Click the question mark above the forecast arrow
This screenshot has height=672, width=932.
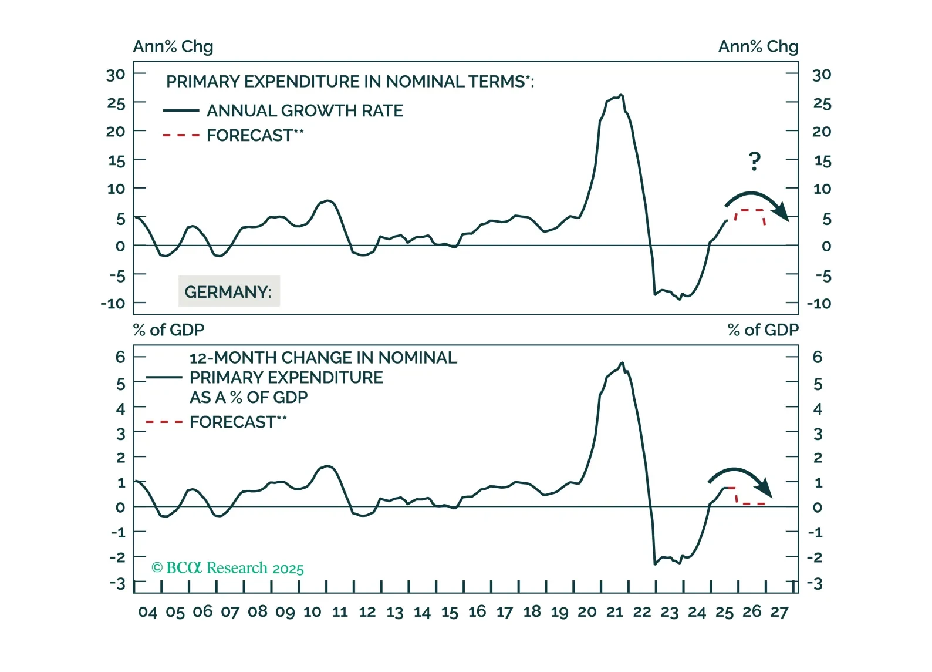pyautogui.click(x=755, y=161)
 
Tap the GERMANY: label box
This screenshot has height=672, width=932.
pyautogui.click(x=229, y=291)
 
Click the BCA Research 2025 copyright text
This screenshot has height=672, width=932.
pyautogui.click(x=228, y=568)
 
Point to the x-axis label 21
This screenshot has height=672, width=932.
pyautogui.click(x=614, y=612)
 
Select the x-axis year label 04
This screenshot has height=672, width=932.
pyautogui.click(x=147, y=612)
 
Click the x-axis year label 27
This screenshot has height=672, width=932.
pyautogui.click(x=779, y=612)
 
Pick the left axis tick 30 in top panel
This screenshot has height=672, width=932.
pyautogui.click(x=116, y=75)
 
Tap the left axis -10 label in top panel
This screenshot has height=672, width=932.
pyautogui.click(x=113, y=304)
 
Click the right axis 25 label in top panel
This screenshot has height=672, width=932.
pyautogui.click(x=822, y=104)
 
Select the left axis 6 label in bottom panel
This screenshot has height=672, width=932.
pyautogui.click(x=120, y=357)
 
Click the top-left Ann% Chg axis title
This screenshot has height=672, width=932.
pyautogui.click(x=173, y=46)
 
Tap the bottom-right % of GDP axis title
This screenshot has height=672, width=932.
pyautogui.click(x=763, y=330)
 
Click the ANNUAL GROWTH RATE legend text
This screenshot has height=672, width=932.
pyautogui.click(x=305, y=110)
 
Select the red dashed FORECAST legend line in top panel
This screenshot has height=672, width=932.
pyautogui.click(x=181, y=136)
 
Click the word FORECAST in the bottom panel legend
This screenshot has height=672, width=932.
pyautogui.click(x=232, y=422)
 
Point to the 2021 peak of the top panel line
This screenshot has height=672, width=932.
pyautogui.click(x=621, y=95)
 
